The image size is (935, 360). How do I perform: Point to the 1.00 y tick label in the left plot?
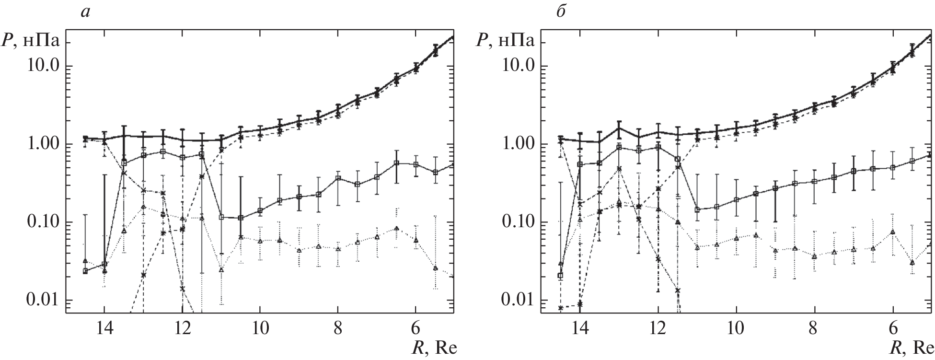coord(42,144)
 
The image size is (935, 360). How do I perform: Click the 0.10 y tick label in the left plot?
coord(42,222)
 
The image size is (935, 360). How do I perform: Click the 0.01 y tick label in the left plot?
coord(42,301)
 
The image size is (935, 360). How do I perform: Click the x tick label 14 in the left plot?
coord(104,330)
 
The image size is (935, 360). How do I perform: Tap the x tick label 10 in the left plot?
coord(260,330)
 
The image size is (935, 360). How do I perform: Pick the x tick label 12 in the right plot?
coord(658,330)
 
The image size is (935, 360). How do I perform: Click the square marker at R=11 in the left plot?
coord(221,217)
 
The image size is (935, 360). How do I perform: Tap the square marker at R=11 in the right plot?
coord(697,209)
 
